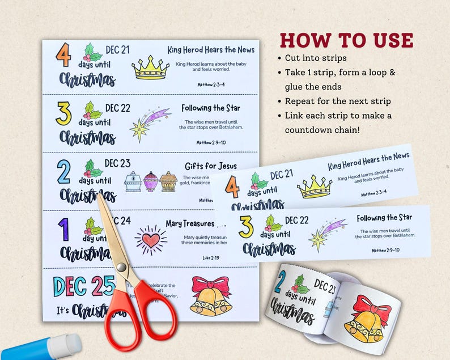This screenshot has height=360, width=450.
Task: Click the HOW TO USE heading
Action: tap(346, 41)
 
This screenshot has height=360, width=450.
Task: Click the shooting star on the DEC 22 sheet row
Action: tap(149, 124)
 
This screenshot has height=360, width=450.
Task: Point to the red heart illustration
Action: tap(150, 240)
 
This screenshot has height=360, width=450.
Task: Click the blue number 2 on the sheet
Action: tap(63, 172)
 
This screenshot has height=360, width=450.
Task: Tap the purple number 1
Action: tap(62, 231)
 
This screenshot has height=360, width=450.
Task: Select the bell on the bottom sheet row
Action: tap(211, 297)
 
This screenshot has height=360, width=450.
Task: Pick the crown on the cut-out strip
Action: tap(313, 187)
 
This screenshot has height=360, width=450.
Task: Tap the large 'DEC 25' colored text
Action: tap(83, 286)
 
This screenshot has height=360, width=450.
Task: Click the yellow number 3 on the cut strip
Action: tap(246, 227)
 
